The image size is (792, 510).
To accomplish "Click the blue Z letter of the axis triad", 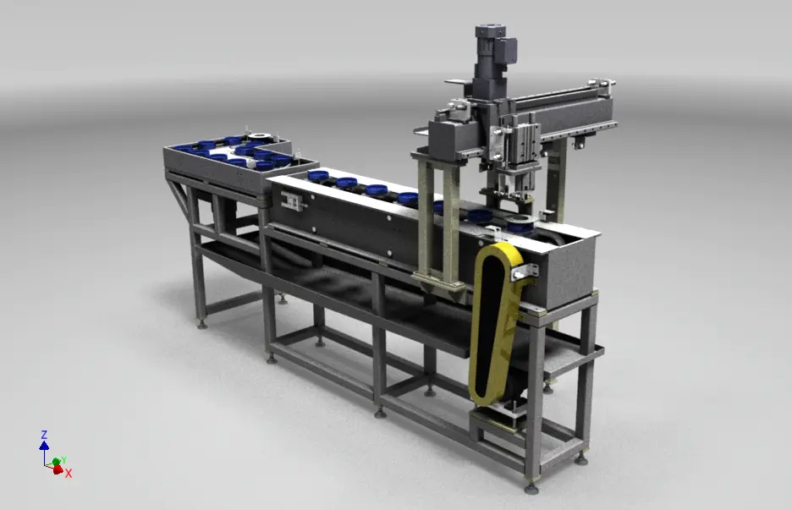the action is point(44,435).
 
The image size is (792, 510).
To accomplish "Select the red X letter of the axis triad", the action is point(69,474).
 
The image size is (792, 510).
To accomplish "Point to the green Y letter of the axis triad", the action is point(63,460).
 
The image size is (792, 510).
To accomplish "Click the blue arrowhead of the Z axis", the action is point(44,446).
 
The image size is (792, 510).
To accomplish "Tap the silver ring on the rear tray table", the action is point(259,136).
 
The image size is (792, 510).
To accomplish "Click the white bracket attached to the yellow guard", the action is point(525,272).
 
